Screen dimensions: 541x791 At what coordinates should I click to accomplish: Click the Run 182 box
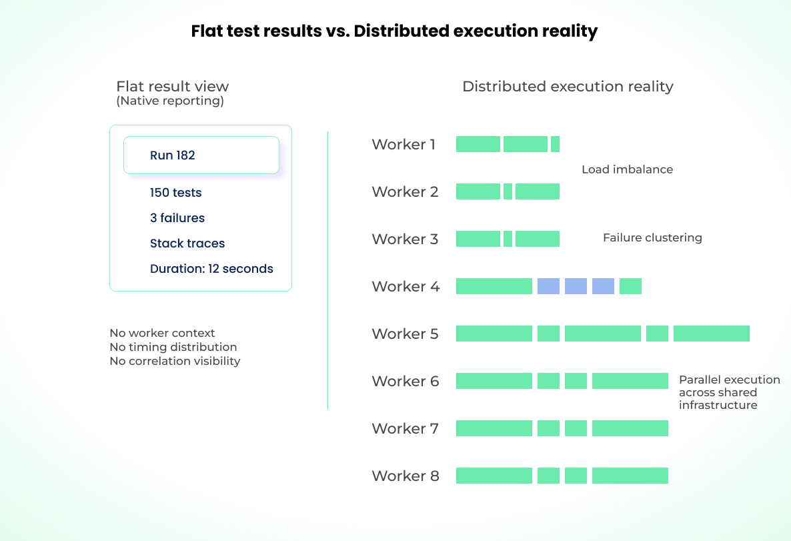pos(201,155)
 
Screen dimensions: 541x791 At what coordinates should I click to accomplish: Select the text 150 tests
pos(175,193)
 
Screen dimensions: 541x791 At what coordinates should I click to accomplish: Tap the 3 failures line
pos(177,218)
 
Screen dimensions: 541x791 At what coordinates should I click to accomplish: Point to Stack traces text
pos(187,243)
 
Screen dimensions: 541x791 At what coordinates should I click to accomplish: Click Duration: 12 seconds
pos(211,269)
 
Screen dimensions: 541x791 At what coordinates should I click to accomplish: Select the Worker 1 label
pos(404,144)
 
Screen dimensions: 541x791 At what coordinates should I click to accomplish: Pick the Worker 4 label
pos(406,286)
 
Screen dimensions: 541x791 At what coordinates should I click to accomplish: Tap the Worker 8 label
pos(406,476)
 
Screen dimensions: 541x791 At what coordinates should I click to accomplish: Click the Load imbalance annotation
pos(627,169)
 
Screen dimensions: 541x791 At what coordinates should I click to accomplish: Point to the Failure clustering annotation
pos(652,237)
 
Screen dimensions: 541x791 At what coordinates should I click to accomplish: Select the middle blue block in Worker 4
pos(576,286)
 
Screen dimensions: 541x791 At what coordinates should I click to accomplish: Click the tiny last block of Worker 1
pos(555,144)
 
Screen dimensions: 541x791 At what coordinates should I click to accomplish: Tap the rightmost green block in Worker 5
pos(711,334)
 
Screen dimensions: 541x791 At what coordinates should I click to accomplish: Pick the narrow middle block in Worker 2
pos(508,191)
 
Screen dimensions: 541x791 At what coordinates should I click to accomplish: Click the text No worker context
pos(162,333)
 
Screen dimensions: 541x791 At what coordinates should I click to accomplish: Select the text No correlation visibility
pos(175,361)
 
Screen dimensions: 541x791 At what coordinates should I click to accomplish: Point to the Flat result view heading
pos(172,87)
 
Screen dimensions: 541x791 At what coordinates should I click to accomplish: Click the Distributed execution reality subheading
pos(568,87)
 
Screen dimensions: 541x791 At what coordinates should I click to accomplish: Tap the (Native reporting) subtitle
pos(170,101)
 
